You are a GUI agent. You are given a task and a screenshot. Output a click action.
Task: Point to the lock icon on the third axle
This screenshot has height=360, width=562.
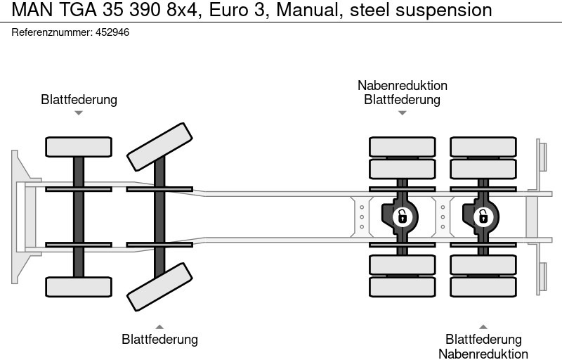click(x=402, y=216)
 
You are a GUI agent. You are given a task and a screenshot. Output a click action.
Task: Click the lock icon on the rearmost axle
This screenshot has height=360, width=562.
click(x=483, y=216)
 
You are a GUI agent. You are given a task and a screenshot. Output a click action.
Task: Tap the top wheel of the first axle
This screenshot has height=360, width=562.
click(x=79, y=146)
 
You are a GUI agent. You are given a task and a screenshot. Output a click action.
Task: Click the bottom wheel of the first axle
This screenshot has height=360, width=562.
click(x=79, y=286)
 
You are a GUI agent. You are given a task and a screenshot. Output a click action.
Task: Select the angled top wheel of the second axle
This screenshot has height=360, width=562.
click(x=160, y=146)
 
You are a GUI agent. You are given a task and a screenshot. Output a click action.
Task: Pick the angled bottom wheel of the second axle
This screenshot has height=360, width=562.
click(x=160, y=287)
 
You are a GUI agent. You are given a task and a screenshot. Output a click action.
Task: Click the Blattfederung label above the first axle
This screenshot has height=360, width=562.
click(x=79, y=100)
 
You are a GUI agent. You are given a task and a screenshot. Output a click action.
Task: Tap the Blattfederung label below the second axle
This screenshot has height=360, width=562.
click(x=160, y=340)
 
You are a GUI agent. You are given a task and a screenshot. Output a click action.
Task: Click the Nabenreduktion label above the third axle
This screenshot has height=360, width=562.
click(x=402, y=86)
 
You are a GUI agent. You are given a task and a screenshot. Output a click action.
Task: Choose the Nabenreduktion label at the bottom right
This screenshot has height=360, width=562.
click(x=483, y=354)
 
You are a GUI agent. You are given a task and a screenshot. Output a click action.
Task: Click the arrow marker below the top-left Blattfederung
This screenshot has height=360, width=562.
click(x=79, y=113)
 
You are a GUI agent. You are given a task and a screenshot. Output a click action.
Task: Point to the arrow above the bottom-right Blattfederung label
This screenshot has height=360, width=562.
click(x=483, y=326)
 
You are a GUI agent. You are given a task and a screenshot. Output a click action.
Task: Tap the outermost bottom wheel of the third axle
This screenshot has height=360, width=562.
click(x=403, y=287)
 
